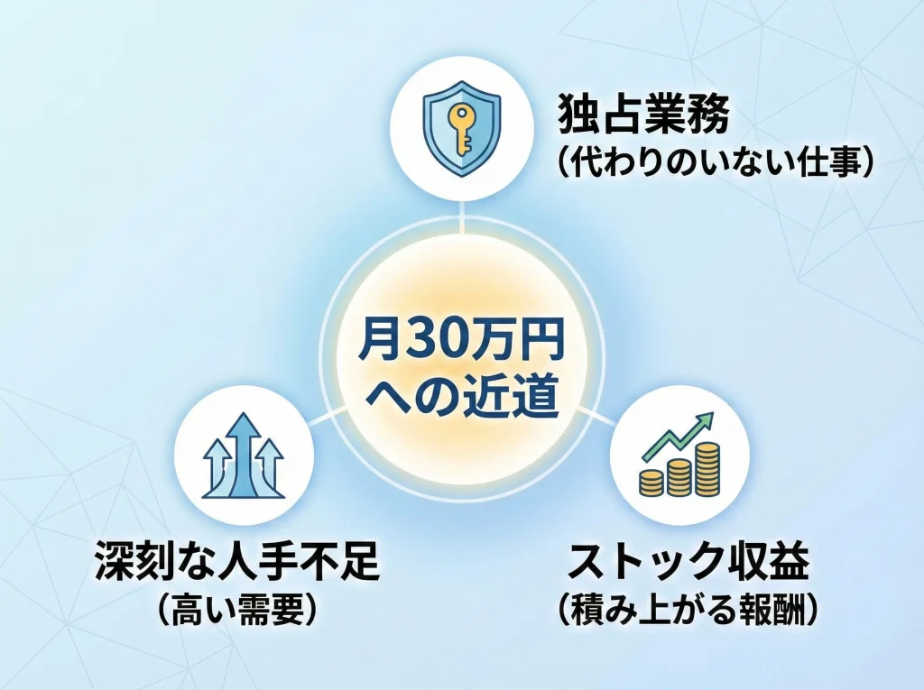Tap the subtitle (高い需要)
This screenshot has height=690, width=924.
(236, 611)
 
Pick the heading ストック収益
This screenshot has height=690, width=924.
(688, 563)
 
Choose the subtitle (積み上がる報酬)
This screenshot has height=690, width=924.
(688, 611)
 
